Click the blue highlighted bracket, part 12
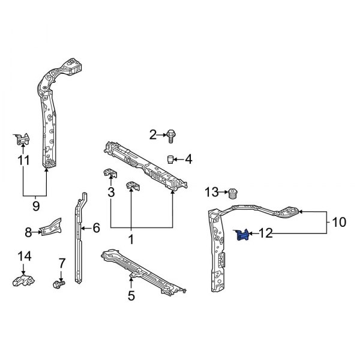click(x=242, y=236)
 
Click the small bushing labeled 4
click(x=170, y=159)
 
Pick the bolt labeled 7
click(x=59, y=283)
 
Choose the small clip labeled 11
click(x=22, y=139)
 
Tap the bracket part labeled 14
click(x=23, y=280)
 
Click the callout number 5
click(x=131, y=295)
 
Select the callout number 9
click(x=35, y=206)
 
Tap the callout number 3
click(x=110, y=192)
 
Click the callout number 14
click(x=23, y=256)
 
